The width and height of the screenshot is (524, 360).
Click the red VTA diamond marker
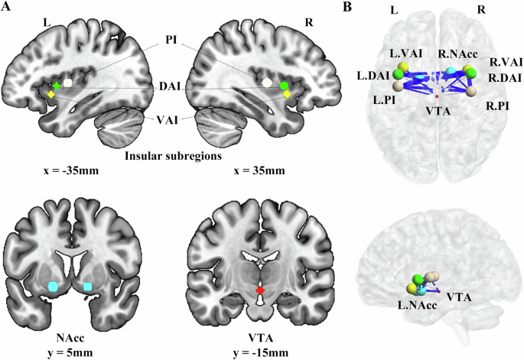[x=260, y=290]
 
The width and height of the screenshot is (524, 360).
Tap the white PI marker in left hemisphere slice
[x=68, y=83]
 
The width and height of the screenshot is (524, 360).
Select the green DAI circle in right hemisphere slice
[x=284, y=86]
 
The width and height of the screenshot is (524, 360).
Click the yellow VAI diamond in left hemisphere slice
[x=50, y=95]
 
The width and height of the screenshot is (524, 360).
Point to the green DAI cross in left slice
[x=57, y=86]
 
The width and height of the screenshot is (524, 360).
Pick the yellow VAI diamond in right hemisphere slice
[x=287, y=95]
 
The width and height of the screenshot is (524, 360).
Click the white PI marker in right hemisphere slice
[x=267, y=83]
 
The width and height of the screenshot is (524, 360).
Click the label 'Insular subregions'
[x=173, y=156]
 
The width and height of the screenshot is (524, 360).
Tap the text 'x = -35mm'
[x=71, y=171]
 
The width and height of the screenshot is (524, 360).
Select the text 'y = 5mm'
[x=70, y=352]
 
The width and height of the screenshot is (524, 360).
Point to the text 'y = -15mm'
[x=261, y=352]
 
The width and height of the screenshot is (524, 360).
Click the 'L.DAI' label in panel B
[x=373, y=76]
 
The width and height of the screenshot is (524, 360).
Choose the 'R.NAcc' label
[x=457, y=54]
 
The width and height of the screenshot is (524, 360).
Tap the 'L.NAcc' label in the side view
[x=417, y=305]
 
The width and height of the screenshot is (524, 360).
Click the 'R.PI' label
[x=497, y=106]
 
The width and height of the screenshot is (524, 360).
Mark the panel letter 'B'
[x=347, y=7]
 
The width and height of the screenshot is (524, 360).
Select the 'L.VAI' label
[x=406, y=54]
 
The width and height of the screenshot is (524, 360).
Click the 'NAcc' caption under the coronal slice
[x=70, y=339]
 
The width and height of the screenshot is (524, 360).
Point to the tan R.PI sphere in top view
[x=470, y=91]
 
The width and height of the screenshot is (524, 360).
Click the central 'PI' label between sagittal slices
[x=171, y=40]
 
